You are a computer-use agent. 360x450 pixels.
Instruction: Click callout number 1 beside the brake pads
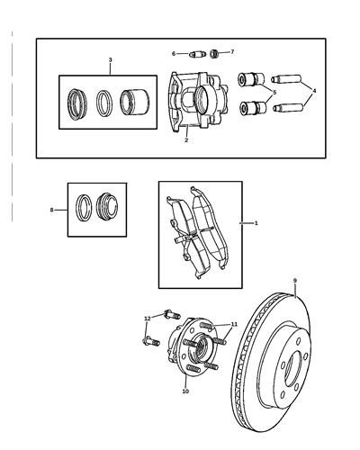click(x=256, y=222)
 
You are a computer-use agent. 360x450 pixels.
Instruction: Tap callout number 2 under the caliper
click(x=186, y=140)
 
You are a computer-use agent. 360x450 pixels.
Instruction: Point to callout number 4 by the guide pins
click(x=312, y=90)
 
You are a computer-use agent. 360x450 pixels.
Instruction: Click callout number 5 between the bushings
click(x=274, y=92)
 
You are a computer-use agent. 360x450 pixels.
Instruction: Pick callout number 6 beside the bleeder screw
click(x=174, y=54)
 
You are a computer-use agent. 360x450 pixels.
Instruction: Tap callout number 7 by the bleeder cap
click(x=231, y=52)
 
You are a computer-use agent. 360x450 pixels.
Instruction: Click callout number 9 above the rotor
click(x=293, y=282)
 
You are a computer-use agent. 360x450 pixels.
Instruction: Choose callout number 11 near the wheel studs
click(x=234, y=325)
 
